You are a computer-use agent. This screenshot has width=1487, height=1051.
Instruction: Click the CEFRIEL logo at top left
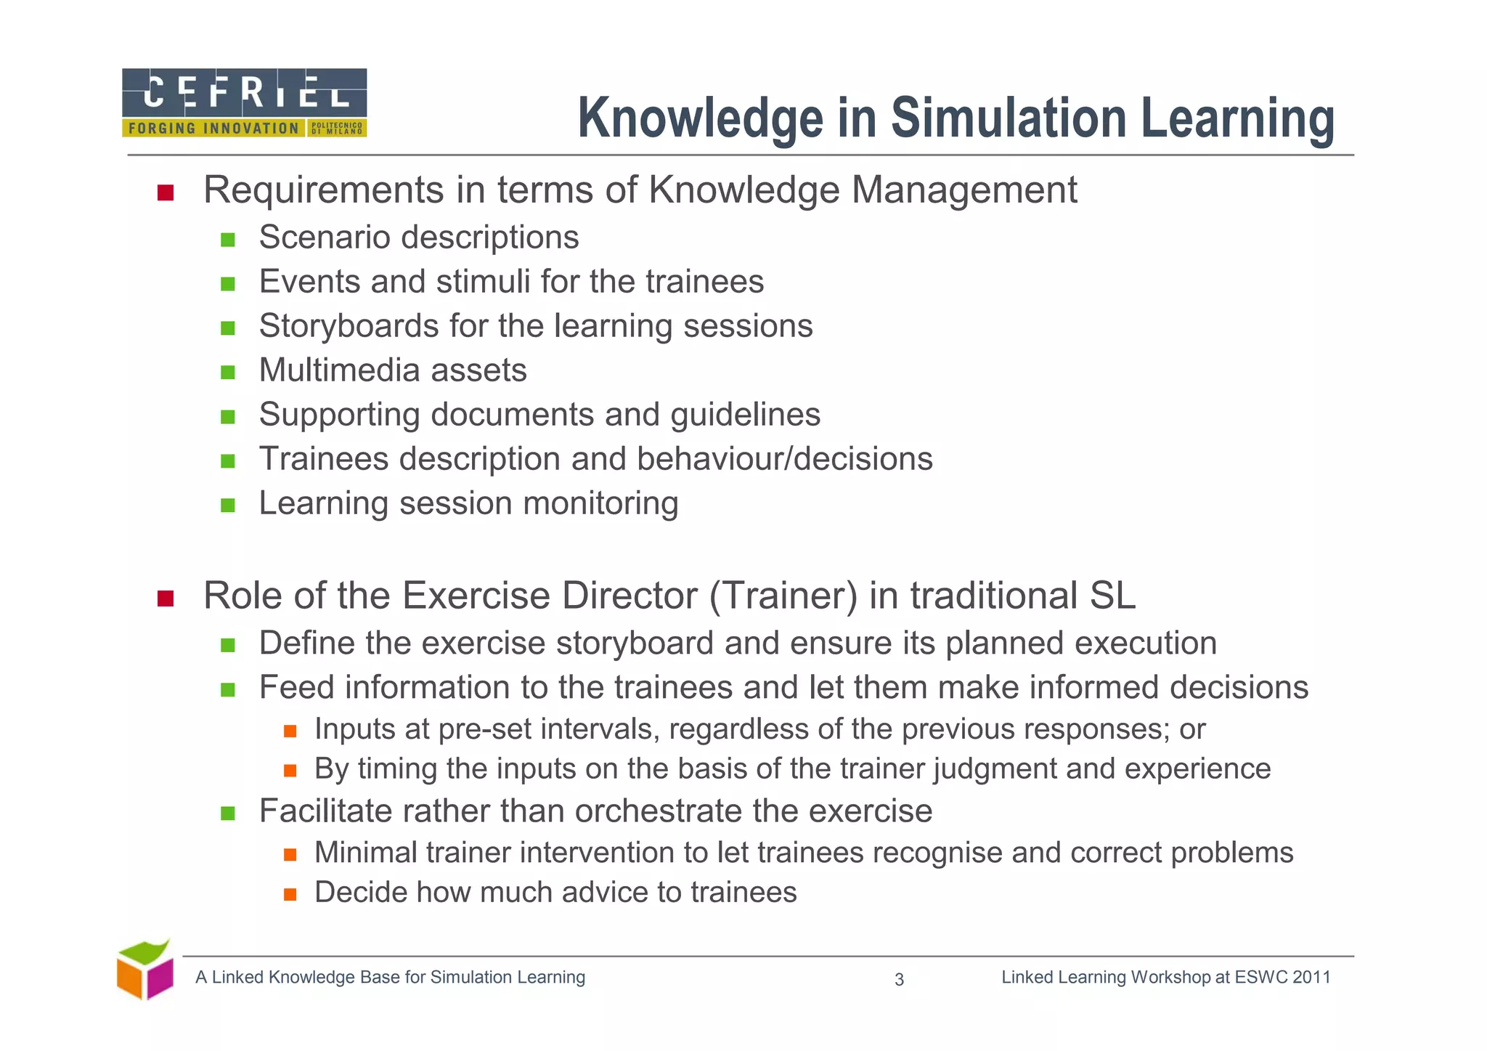click(x=244, y=102)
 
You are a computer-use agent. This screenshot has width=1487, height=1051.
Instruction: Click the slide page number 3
click(x=899, y=980)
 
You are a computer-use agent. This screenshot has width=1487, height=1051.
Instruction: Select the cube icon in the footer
click(x=145, y=970)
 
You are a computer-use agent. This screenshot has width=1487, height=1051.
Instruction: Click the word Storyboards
click(x=349, y=325)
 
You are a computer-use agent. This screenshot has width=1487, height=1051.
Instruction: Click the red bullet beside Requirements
click(x=166, y=192)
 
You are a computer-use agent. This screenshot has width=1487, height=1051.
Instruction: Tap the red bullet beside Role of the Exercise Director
click(x=166, y=598)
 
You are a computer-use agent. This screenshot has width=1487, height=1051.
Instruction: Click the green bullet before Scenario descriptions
click(x=228, y=240)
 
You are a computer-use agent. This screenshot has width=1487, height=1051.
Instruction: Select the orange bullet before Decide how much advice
click(x=290, y=894)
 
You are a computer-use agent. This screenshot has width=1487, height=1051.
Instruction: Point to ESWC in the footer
click(x=1260, y=977)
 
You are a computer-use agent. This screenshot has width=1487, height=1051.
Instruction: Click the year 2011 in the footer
click(x=1311, y=977)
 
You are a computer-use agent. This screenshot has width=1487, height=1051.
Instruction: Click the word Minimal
click(x=365, y=853)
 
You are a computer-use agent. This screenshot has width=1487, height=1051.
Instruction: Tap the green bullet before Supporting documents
click(x=228, y=417)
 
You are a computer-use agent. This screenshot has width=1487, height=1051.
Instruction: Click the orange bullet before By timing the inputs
click(x=290, y=771)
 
